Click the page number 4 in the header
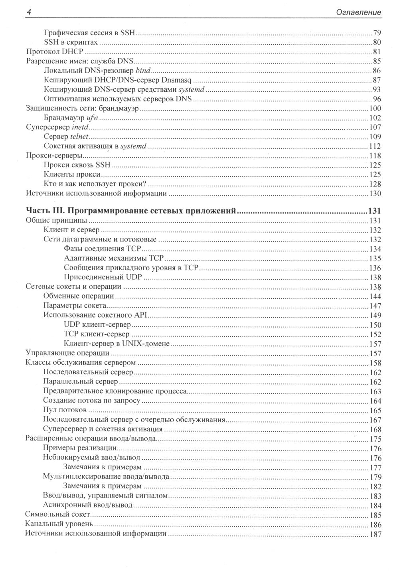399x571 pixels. click(28, 12)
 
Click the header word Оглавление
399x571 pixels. click(358, 12)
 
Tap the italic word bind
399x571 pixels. click(144, 71)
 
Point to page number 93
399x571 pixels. click(377, 89)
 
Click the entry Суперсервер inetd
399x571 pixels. click(57, 127)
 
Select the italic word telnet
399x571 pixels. click(79, 137)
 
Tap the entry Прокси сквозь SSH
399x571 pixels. click(77, 165)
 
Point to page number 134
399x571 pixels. click(375, 249)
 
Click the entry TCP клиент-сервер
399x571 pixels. click(97, 334)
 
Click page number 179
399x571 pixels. click(375, 477)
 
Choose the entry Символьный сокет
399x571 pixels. click(57, 515)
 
